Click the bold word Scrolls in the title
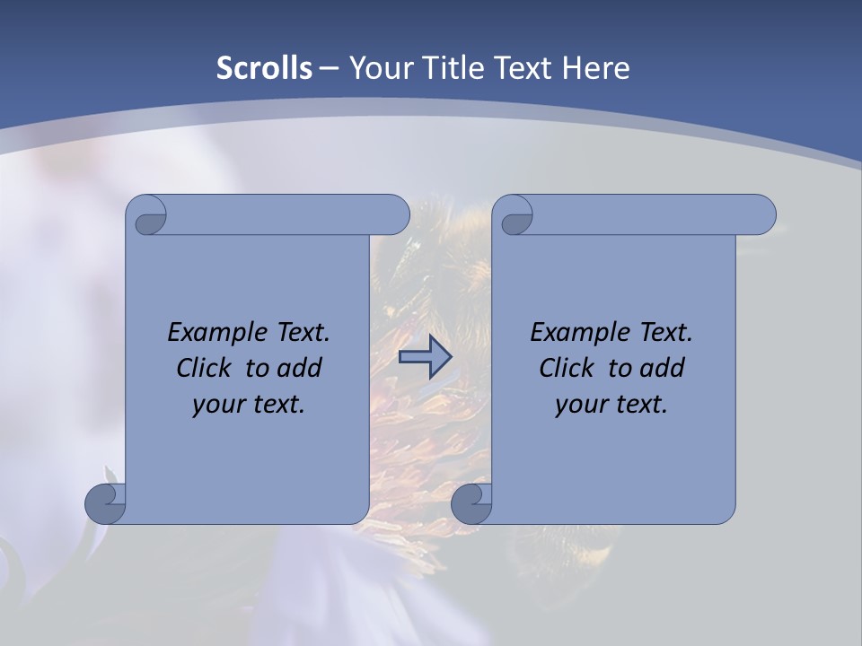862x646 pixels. point(265,67)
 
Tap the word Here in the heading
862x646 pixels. point(595,67)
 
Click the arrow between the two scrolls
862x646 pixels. point(425,358)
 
